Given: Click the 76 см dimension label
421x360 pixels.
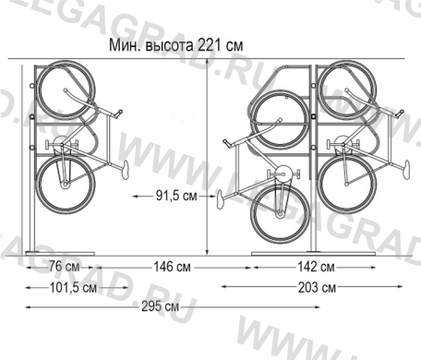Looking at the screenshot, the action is tap(64, 267).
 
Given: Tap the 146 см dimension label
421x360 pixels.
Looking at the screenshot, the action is tap(172, 267).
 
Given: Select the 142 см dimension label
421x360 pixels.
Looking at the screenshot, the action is tap(316, 267).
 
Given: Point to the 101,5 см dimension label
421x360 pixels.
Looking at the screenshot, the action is tap(73, 288).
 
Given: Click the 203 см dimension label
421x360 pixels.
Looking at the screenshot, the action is tap(317, 288).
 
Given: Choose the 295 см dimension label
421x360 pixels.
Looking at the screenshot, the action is tap(160, 306).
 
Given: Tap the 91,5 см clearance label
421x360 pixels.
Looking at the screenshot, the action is tap(176, 196).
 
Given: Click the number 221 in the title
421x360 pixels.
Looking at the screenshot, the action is tap(210, 45).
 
